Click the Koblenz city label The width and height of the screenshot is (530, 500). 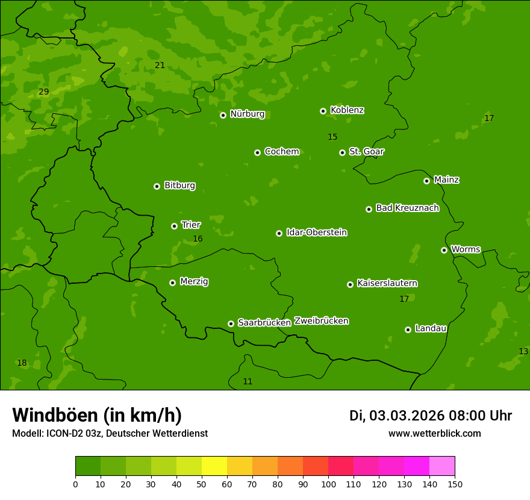point(348,110)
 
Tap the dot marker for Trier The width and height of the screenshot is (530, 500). point(175,226)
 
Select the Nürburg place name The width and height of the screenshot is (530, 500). point(248,114)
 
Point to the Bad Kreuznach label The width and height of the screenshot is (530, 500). point(407,208)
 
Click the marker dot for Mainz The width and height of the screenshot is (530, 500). point(427,181)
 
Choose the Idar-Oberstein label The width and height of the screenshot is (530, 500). point(317,233)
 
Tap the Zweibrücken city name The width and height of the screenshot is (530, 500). point(322,321)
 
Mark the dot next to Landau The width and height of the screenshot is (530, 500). point(408,330)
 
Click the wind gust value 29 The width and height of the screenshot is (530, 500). point(43,92)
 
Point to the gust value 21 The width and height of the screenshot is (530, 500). point(160,65)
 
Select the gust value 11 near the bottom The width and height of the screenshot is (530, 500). point(248,381)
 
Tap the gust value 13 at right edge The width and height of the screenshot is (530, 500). point(523,351)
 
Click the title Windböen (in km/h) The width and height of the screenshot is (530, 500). point(97,415)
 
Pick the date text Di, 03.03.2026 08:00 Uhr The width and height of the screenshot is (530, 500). point(431,416)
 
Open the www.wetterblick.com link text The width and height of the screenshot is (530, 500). point(434,433)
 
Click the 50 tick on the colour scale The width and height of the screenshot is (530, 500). point(202,484)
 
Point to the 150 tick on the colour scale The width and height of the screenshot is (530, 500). point(455,484)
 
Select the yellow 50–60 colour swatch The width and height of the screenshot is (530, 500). point(214,466)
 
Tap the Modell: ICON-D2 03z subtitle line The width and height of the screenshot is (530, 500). point(110,433)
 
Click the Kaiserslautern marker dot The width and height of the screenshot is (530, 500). point(351,284)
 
